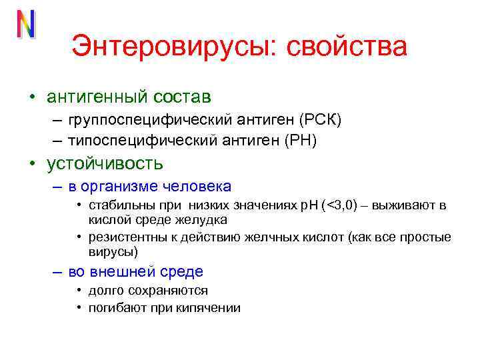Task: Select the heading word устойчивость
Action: pos(105,163)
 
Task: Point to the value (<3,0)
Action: pos(340,205)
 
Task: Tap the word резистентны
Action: pos(123,237)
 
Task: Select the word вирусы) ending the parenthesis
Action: pos(113,251)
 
